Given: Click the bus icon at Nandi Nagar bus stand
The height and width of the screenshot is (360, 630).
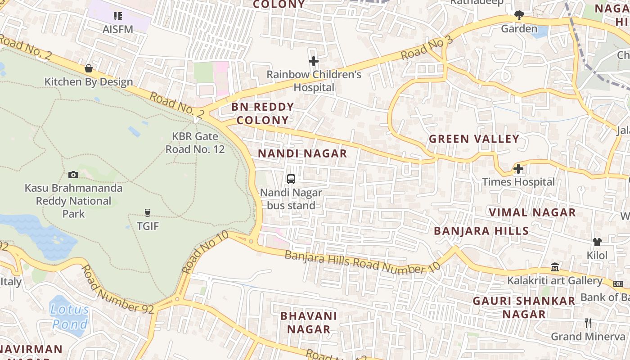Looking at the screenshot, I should click(291, 179).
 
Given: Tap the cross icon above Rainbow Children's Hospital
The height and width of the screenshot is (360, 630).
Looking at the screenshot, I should click(314, 61).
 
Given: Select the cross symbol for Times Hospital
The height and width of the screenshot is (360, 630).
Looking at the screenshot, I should click(518, 169).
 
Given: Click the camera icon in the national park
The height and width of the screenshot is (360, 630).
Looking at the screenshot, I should click(73, 175).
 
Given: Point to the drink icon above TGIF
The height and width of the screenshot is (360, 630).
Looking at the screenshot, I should click(147, 212).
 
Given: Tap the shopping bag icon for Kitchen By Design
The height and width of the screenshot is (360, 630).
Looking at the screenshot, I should click(89, 68).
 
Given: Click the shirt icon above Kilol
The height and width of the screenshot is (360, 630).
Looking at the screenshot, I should click(597, 242).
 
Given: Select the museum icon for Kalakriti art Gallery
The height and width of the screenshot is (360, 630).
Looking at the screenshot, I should click(555, 267).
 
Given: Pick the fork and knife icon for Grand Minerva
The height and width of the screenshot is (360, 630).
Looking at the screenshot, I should click(588, 323).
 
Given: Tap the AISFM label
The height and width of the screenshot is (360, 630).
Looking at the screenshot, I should click(118, 29).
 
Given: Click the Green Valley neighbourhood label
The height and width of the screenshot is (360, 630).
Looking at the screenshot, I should click(474, 139).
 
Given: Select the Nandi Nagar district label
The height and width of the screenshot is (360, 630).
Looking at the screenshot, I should click(302, 153).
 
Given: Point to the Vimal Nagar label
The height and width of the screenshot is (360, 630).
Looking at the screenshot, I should click(532, 212).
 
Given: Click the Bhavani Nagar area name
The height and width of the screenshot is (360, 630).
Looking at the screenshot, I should click(309, 322).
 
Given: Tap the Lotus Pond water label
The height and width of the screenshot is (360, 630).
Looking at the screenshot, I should click(70, 316).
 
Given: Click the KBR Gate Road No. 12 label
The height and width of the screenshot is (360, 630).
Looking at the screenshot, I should click(195, 143).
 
